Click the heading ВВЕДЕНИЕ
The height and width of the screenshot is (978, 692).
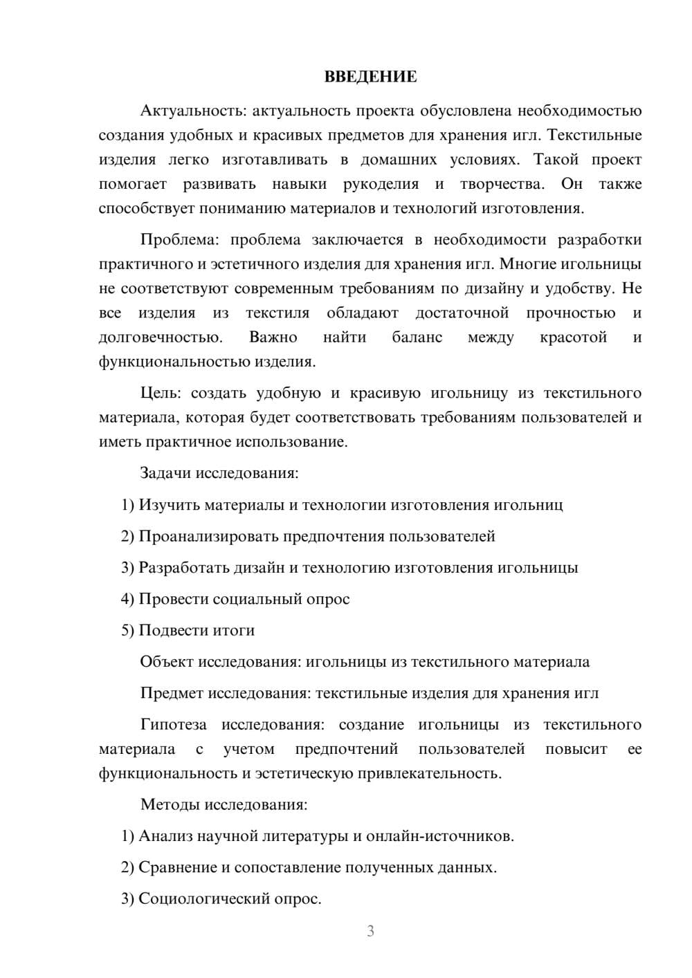pyautogui.click(x=370, y=77)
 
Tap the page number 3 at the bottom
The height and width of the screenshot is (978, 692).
pyautogui.click(x=370, y=931)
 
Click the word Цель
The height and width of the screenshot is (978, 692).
pyautogui.click(x=160, y=394)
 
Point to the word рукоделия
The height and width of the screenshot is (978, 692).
pyautogui.click(x=381, y=184)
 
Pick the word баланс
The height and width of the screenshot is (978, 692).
pyautogui.click(x=417, y=338)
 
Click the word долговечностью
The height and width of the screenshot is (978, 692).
pyautogui.click(x=161, y=338)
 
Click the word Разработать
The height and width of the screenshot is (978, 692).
pyautogui.click(x=183, y=568)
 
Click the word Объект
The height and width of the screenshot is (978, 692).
pyautogui.click(x=167, y=662)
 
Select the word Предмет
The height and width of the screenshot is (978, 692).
pyautogui.click(x=172, y=693)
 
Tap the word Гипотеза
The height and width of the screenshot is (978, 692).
pyautogui.click(x=173, y=725)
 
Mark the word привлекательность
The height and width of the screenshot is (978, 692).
pyautogui.click(x=429, y=773)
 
